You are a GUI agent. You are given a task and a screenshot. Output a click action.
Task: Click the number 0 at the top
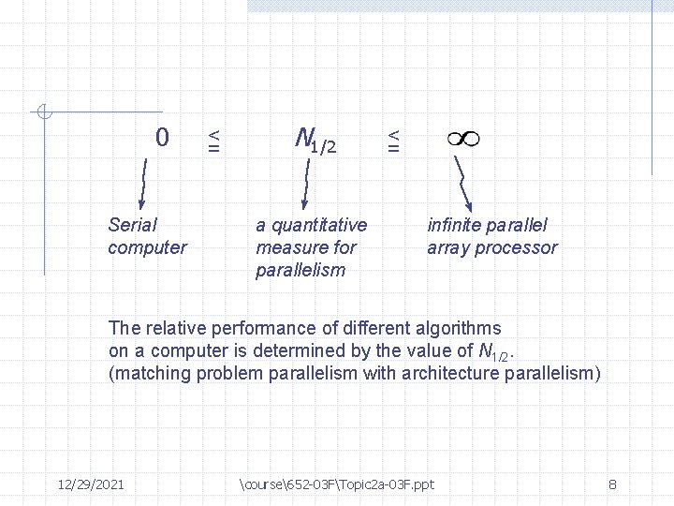click(x=163, y=139)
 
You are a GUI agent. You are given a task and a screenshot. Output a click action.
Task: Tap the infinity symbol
click(x=462, y=139)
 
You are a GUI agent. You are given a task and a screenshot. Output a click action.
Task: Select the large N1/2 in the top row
click(x=314, y=141)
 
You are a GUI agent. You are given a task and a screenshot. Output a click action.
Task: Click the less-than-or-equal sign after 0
click(x=214, y=141)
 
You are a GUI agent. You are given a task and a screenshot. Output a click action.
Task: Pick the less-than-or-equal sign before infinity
click(x=394, y=141)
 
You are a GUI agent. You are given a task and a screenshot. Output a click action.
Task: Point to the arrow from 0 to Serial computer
click(x=143, y=183)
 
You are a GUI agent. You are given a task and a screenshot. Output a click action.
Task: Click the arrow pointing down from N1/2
click(x=304, y=183)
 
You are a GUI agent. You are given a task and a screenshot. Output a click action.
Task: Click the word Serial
click(x=133, y=225)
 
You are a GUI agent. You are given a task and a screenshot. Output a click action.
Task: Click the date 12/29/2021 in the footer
click(x=92, y=484)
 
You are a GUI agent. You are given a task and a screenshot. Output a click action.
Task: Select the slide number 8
click(x=611, y=484)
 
